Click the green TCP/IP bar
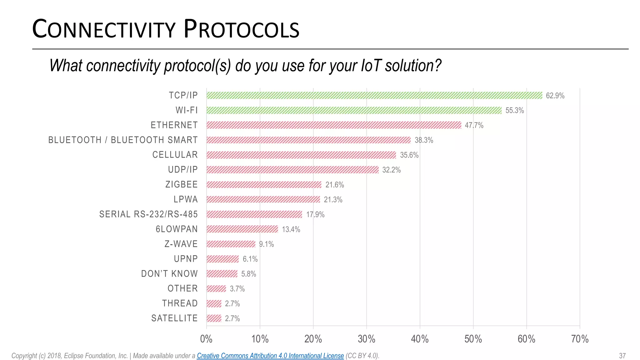click(374, 95)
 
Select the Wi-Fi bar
click(354, 110)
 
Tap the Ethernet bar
click(333, 125)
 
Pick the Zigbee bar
click(264, 184)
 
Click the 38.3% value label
click(424, 140)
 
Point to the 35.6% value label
click(409, 155)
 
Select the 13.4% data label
click(291, 229)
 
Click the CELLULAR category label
click(175, 155)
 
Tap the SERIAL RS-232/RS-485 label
click(148, 214)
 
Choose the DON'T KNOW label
click(169, 274)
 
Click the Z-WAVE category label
click(181, 244)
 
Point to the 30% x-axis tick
click(366, 339)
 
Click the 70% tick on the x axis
click(580, 339)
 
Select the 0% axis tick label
click(206, 339)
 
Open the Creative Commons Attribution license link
click(270, 356)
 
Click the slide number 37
click(622, 356)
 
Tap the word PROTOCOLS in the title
click(241, 29)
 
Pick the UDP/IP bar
click(292, 170)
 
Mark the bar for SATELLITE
click(214, 318)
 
